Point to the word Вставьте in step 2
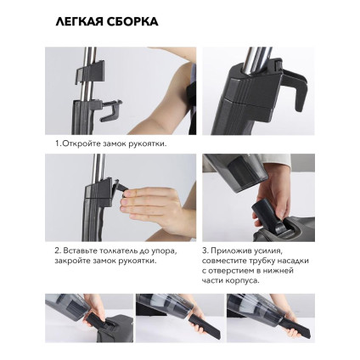coord(82,251)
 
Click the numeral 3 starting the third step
coord(205,251)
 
